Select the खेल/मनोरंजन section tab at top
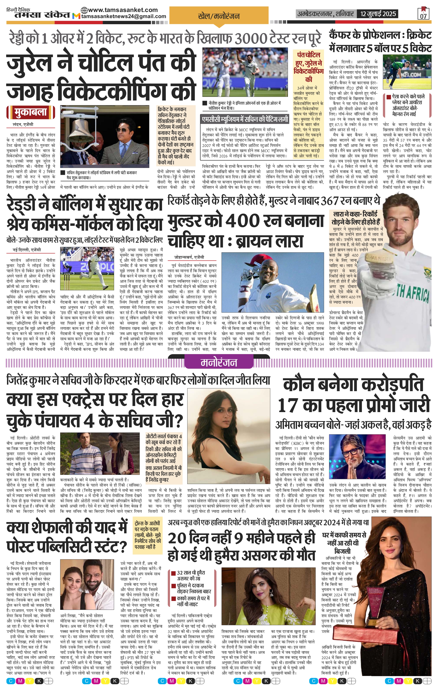tap(219, 16)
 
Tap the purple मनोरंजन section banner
tap(219, 363)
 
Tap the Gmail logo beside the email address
tap(76, 16)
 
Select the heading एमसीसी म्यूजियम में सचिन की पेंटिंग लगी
tap(245, 119)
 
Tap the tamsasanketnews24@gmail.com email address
tap(124, 16)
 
